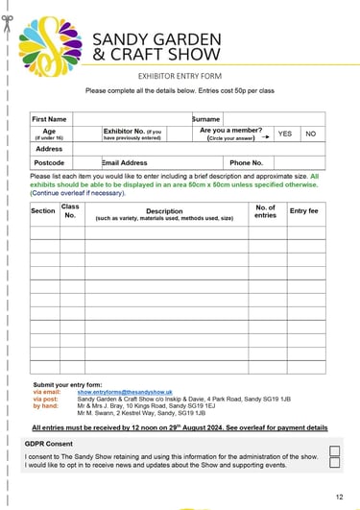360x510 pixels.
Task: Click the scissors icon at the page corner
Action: point(8,21)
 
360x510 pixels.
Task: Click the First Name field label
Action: point(50,120)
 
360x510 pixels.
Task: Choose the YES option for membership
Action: point(284,134)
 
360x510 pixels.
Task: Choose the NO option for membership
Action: point(310,134)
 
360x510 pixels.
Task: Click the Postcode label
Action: point(49,163)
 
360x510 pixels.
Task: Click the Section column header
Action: point(43,210)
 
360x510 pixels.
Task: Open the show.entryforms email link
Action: point(125,393)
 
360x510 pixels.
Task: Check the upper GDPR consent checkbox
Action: point(335,449)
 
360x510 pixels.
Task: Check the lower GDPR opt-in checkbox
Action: point(335,462)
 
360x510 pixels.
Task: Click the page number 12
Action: point(339,497)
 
